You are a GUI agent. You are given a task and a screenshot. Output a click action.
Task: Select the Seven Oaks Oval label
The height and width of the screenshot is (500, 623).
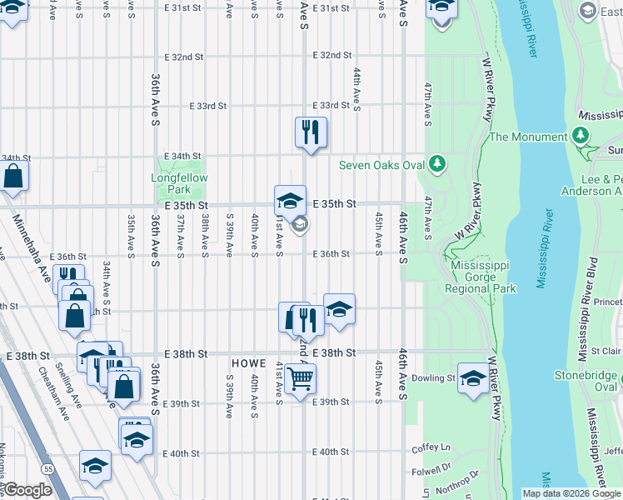tap(381, 165)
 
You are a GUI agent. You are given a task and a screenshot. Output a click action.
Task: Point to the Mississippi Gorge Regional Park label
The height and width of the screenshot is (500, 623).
tap(480, 277)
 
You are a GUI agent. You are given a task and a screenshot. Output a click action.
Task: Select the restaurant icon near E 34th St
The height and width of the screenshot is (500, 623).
tap(311, 132)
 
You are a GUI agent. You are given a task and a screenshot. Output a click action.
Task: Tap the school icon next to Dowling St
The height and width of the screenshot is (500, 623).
tap(473, 377)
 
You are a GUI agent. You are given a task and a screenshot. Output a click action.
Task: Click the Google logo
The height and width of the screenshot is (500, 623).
tap(27, 491)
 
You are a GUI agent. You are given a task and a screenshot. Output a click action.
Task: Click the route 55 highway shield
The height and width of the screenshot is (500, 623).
tap(48, 470)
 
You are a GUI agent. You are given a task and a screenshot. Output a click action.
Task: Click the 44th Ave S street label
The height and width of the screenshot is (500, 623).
tap(356, 89)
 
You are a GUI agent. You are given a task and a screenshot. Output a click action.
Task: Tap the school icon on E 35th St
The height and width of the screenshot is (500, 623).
tap(290, 201)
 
